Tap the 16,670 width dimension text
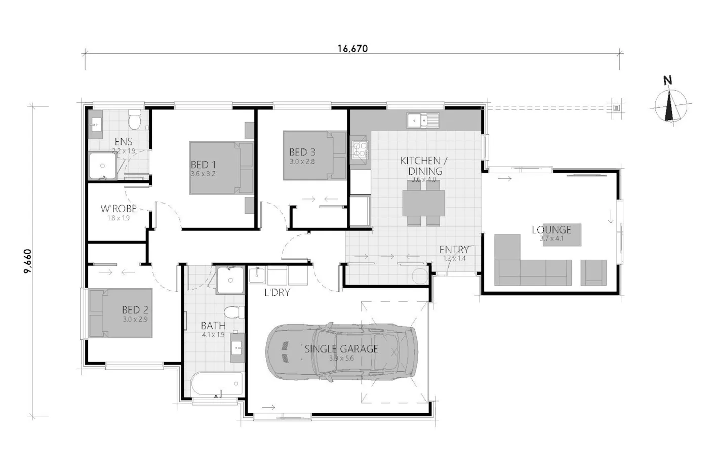click(352, 49)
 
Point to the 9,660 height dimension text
click(28, 261)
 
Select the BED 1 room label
click(203, 165)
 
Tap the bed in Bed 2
click(121, 313)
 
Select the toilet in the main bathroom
click(233, 312)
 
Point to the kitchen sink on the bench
click(423, 121)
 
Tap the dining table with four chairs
click(424, 203)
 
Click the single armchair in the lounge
click(593, 271)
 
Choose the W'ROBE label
click(118, 209)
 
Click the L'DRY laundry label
click(277, 293)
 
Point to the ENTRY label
click(454, 250)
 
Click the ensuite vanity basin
click(95, 124)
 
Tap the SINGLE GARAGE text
click(341, 348)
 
